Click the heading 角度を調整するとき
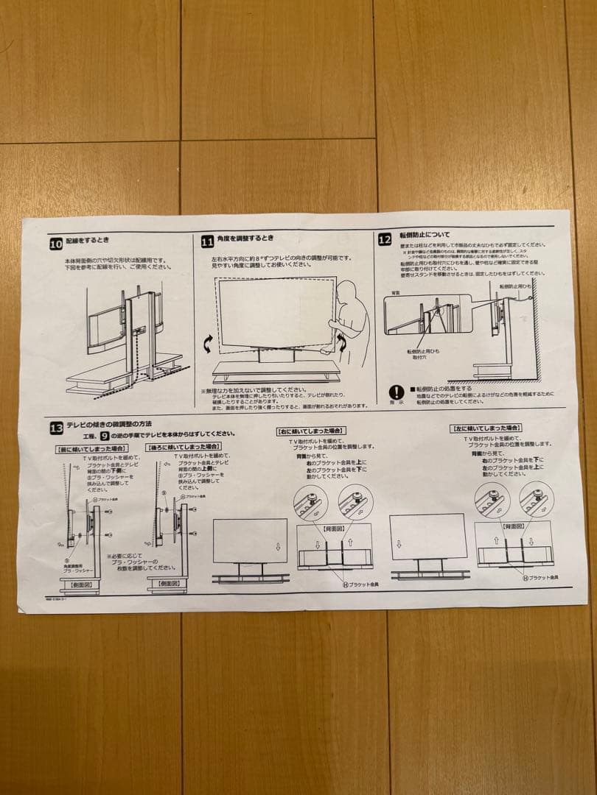tap(246, 239)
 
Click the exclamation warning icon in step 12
tap(397, 392)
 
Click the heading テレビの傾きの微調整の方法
tap(110, 425)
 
